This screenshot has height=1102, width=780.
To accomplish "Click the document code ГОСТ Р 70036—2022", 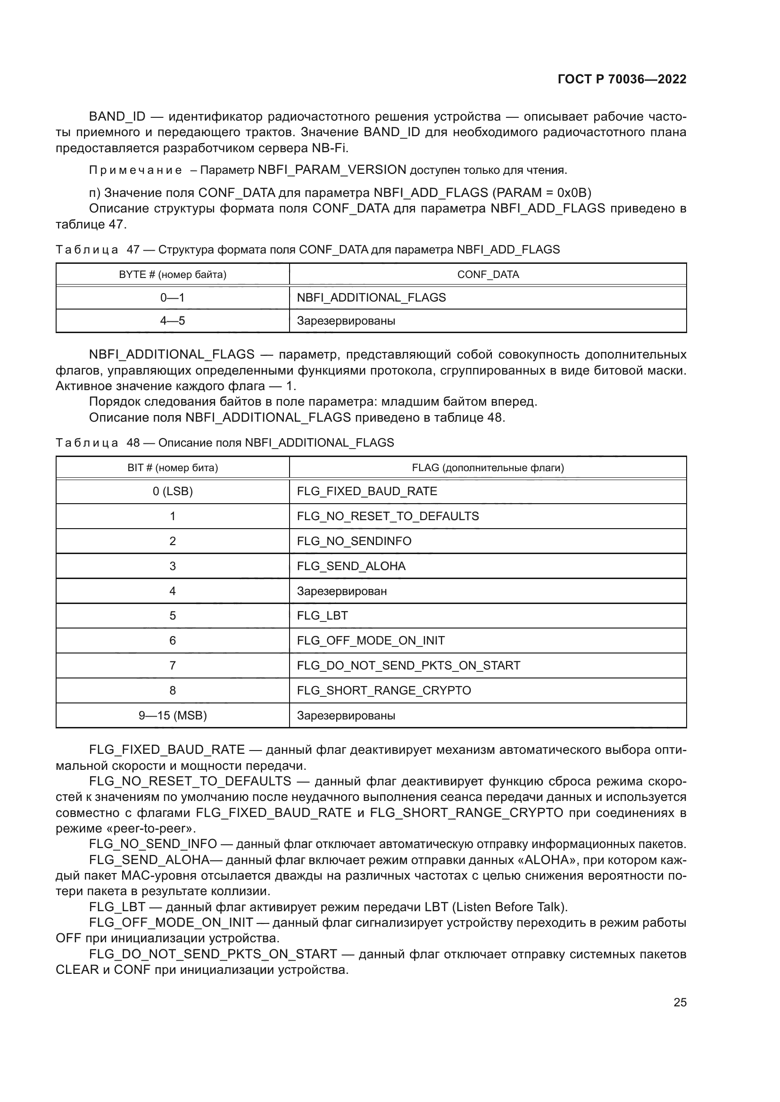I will tap(622, 79).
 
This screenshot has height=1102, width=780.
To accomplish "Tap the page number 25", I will tap(680, 1002).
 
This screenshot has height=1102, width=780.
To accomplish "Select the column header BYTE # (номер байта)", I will tap(173, 275).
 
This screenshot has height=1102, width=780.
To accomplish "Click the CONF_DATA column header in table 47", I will tap(488, 275).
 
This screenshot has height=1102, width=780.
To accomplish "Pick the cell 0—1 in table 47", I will tap(173, 298).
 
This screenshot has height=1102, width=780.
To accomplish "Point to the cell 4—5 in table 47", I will tap(173, 321).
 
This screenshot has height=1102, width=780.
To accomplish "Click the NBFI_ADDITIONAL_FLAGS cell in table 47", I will tap(371, 298).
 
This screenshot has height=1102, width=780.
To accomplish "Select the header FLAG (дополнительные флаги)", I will tap(488, 467).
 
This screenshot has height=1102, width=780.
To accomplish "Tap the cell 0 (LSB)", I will tap(173, 491).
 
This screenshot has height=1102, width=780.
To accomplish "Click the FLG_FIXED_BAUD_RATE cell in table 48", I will tap(367, 491).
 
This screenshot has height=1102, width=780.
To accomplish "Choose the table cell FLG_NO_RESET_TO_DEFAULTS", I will tap(388, 516).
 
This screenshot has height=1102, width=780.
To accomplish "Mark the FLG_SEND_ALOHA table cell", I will tap(351, 566).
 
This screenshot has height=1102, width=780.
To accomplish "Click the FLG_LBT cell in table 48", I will tap(322, 616).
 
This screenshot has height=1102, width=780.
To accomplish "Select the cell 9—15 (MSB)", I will tap(173, 716).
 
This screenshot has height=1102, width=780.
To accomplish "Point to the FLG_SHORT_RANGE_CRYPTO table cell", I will tap(384, 691).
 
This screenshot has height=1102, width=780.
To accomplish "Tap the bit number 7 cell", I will tap(173, 666).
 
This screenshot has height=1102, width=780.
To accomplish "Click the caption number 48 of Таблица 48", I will tap(133, 442).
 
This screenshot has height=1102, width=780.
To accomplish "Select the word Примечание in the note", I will tap(135, 171).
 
